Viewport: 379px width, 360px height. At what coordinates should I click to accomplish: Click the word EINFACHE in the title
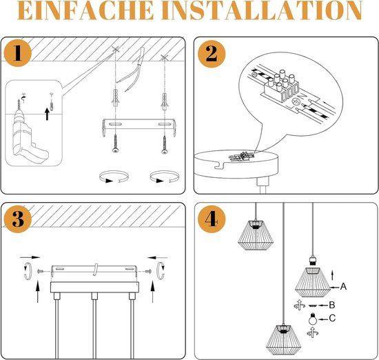85,10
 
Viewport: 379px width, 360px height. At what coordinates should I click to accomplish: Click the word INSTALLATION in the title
262,10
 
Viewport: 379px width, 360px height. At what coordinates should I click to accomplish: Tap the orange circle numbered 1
18,52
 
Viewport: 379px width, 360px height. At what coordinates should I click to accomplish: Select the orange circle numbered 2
212,54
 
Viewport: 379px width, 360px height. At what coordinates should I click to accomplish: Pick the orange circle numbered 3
18,219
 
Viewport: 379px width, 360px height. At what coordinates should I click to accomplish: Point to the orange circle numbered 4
212,219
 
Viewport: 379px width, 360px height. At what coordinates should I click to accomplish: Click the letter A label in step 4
343,287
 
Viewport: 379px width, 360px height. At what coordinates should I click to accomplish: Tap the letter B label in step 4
332,305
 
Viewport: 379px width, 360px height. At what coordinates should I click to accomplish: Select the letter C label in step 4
332,318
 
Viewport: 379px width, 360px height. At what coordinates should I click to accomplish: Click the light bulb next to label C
313,319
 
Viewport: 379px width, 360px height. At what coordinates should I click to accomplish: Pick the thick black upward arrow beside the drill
47,114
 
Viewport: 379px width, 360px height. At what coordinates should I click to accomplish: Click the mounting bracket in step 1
139,126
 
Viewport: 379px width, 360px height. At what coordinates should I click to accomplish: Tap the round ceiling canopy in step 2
236,163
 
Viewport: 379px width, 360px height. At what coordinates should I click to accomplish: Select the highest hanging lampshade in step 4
256,234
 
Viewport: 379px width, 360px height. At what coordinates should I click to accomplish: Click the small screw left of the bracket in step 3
41,272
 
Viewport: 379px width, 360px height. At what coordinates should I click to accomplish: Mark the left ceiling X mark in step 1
116,50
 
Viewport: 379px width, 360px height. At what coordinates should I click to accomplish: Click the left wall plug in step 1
116,97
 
